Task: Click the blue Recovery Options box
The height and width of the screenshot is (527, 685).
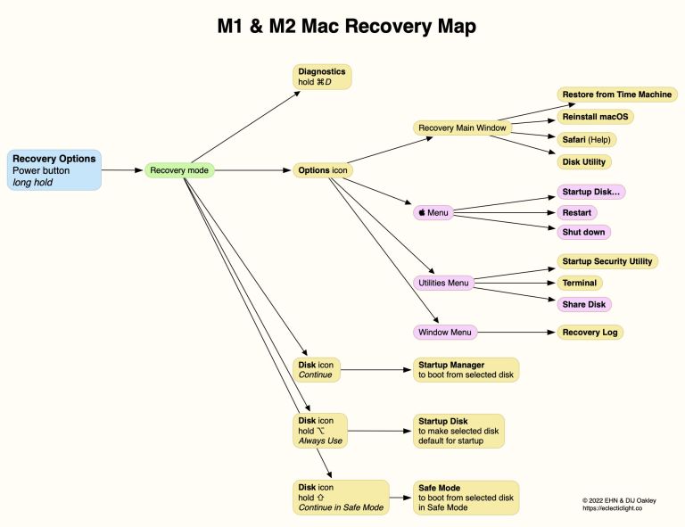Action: click(x=54, y=169)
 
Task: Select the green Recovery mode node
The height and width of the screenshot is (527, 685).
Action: click(x=179, y=169)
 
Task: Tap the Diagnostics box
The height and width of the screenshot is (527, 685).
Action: click(x=323, y=77)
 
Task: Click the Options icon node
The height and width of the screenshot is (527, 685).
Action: click(x=322, y=169)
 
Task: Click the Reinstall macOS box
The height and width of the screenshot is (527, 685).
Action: click(x=595, y=117)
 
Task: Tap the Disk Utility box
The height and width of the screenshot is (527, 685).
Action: click(x=584, y=161)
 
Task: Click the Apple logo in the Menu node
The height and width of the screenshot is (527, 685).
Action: click(x=422, y=214)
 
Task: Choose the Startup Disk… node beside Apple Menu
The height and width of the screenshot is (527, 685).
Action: click(x=590, y=192)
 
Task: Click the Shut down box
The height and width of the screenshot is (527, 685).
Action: click(x=583, y=232)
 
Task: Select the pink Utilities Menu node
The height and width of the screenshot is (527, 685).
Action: click(x=443, y=284)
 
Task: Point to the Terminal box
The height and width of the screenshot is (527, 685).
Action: click(x=579, y=283)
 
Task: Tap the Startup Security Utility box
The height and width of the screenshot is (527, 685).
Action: click(x=607, y=261)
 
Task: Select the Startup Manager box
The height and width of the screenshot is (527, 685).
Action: click(x=464, y=370)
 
